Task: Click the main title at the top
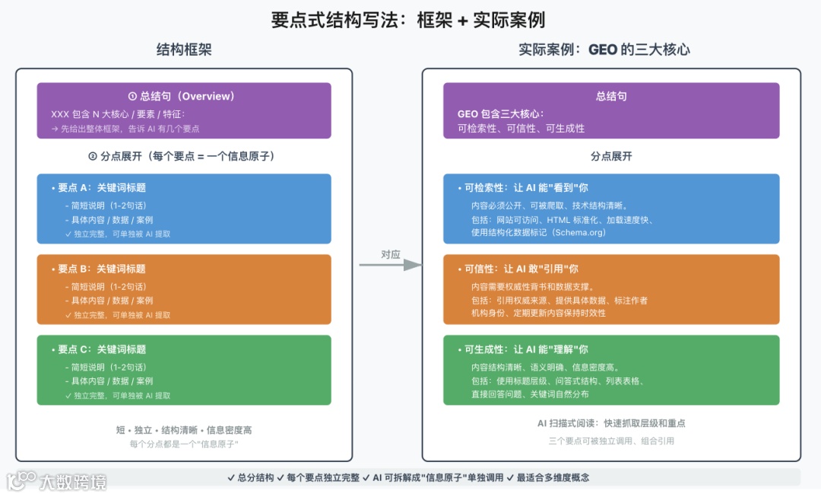point(408,19)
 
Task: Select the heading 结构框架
point(184,50)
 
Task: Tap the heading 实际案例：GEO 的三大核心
point(604,50)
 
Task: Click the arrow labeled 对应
point(390,265)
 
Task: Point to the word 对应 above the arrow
point(390,254)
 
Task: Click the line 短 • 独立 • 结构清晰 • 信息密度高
point(184,429)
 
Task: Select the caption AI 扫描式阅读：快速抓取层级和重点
point(611,423)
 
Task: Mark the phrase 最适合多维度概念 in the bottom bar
point(553,477)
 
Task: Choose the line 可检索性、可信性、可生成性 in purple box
point(521,128)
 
